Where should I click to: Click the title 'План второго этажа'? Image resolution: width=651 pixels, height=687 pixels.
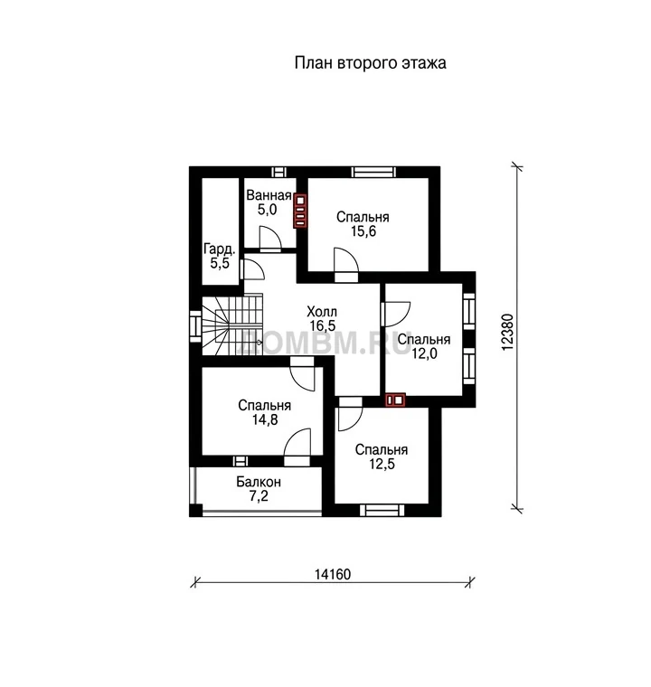click(x=370, y=63)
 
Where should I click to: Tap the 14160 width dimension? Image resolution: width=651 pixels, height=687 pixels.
click(x=333, y=574)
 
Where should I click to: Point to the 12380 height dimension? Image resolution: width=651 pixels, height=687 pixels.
click(x=506, y=332)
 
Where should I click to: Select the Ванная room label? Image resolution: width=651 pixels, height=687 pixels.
click(x=269, y=195)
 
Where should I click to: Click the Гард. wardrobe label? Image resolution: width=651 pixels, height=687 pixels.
click(x=220, y=249)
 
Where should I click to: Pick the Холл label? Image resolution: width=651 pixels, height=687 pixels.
click(x=322, y=312)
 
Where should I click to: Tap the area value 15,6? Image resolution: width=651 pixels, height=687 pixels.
click(x=363, y=231)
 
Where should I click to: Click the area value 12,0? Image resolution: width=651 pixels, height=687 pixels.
click(x=424, y=353)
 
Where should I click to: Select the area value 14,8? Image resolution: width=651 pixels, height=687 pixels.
click(x=265, y=419)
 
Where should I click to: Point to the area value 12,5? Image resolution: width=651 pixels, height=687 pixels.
click(x=382, y=464)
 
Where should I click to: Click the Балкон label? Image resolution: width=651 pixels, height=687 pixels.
click(x=259, y=482)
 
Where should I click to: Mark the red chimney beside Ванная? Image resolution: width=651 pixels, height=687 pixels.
click(x=300, y=211)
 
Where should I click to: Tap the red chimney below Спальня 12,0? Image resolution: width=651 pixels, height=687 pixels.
click(x=394, y=400)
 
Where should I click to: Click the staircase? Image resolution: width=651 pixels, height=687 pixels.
click(x=231, y=325)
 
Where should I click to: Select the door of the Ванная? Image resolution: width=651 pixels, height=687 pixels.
click(x=269, y=240)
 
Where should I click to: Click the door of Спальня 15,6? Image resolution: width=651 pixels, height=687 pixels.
click(x=346, y=264)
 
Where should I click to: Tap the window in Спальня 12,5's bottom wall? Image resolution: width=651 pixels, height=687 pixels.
click(x=382, y=510)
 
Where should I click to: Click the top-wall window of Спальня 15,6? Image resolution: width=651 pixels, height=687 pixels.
click(x=374, y=172)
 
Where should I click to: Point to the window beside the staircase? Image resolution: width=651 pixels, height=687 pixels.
click(x=195, y=326)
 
